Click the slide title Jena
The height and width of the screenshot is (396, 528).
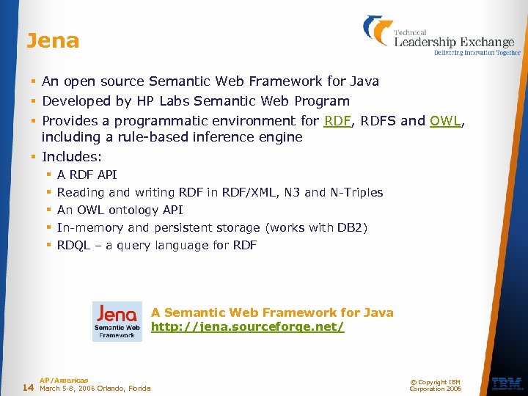click(x=52, y=40)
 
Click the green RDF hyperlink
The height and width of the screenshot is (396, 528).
click(x=337, y=121)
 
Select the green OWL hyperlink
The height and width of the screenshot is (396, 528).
click(x=445, y=121)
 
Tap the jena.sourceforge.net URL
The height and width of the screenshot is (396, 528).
click(x=247, y=327)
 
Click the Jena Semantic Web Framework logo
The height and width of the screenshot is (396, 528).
click(x=117, y=321)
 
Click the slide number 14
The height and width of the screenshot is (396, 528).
click(x=28, y=387)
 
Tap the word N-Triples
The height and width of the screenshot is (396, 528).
click(x=356, y=192)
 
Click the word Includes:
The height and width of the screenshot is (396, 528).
click(x=72, y=157)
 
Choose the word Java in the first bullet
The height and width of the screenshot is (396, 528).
click(x=364, y=81)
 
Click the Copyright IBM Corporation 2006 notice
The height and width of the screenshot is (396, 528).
click(x=436, y=385)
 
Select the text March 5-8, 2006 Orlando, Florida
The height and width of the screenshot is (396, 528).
click(x=95, y=388)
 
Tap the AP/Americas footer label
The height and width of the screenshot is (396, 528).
click(x=64, y=380)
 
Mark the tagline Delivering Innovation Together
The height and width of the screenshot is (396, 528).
click(x=477, y=53)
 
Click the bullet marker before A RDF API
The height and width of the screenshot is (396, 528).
click(x=48, y=175)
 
